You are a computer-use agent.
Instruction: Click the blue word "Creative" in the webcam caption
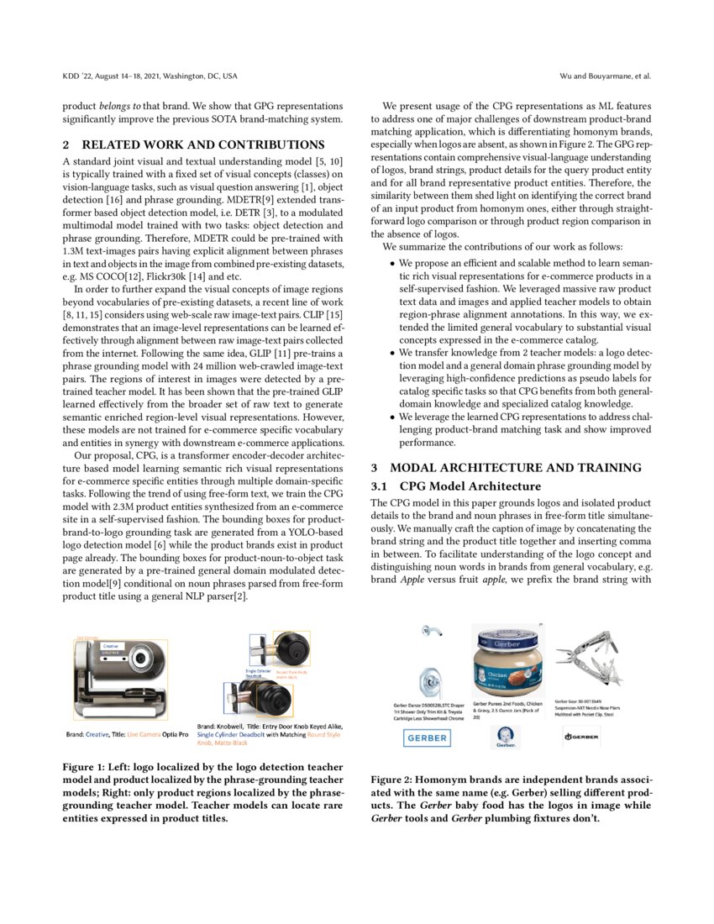97,734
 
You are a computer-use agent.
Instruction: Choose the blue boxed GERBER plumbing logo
427,738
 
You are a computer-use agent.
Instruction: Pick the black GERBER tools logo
581,738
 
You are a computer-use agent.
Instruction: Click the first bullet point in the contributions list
393,263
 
